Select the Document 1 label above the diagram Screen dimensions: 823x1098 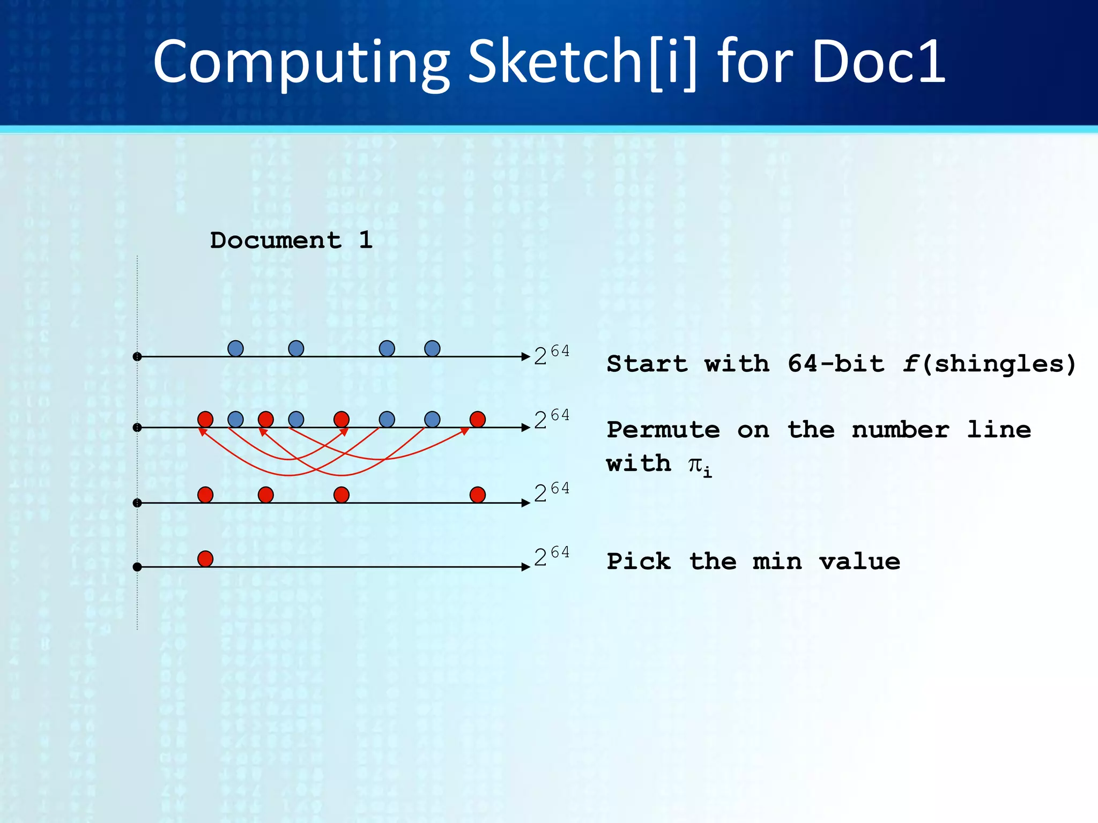coord(291,240)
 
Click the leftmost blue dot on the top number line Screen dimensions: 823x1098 coord(235,349)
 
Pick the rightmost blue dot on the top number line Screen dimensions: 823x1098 coord(432,349)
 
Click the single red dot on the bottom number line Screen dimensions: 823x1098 coord(205,559)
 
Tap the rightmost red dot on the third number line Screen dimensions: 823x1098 coord(478,495)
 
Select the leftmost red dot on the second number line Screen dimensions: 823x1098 coord(205,420)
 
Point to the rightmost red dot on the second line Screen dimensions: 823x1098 coord(478,420)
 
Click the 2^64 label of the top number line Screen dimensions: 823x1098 coord(552,356)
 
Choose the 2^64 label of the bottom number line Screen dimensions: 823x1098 coord(552,557)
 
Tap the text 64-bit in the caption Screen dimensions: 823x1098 coord(836,364)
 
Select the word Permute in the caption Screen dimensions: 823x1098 coord(663,430)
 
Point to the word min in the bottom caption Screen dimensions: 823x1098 coord(777,562)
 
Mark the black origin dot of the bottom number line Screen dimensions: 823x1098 coord(137,567)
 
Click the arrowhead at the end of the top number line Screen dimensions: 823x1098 coord(525,356)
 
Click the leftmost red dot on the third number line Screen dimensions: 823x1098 coord(205,495)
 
